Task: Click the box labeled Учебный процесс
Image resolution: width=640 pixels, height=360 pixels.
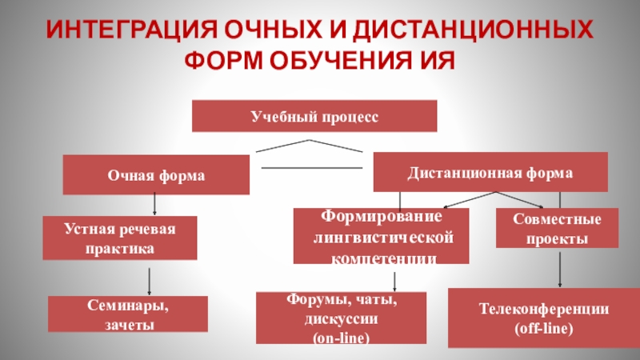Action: [x=314, y=116]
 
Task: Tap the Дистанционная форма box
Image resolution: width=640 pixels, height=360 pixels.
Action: [x=490, y=172]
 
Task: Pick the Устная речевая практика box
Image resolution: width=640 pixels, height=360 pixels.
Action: [x=119, y=238]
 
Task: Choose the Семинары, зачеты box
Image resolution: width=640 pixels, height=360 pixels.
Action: [x=128, y=314]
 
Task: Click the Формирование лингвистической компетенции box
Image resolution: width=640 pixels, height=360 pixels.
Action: [x=381, y=237]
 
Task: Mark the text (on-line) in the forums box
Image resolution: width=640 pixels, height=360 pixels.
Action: [x=340, y=338]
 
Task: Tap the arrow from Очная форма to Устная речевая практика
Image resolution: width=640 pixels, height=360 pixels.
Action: [x=152, y=205]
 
